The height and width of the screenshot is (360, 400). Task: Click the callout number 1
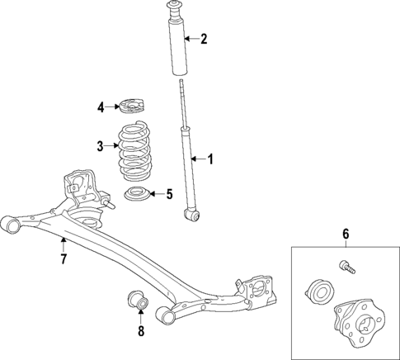coord(210,159)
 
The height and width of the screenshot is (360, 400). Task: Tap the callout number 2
coord(204,38)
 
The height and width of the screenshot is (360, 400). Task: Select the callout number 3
coord(100,147)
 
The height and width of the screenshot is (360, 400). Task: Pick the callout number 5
coord(169,195)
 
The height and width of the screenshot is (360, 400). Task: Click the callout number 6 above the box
coord(346,234)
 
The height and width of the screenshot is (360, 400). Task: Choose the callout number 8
coord(140,332)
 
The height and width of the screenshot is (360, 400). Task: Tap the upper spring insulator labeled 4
coord(130,107)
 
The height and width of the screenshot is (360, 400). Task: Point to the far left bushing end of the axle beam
coord(10,223)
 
